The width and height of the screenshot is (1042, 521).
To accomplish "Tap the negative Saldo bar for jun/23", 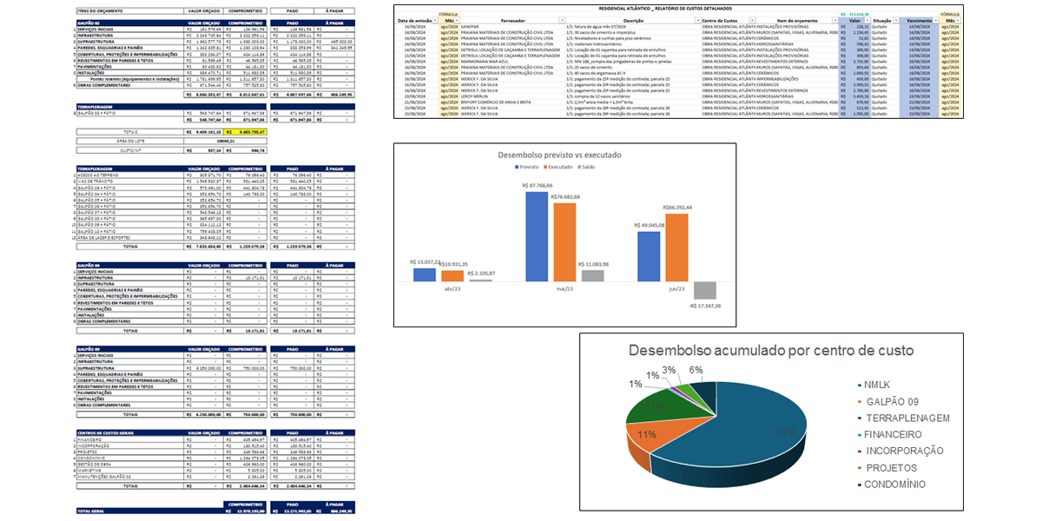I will pyautogui.click(x=704, y=290).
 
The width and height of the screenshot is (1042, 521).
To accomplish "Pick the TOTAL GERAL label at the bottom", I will pyautogui.click(x=91, y=511).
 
